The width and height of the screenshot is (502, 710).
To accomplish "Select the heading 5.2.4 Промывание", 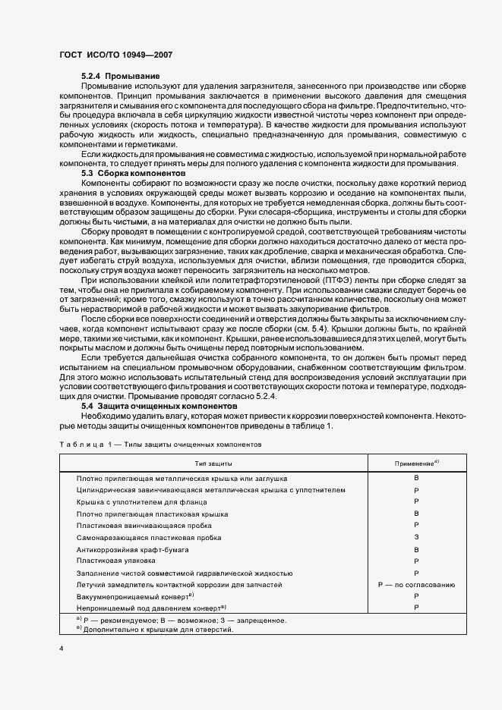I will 120,77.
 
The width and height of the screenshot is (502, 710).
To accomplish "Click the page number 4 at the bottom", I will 60,649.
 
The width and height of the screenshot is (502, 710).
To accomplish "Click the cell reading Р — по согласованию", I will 416,585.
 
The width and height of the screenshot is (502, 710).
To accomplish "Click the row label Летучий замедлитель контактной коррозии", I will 179,585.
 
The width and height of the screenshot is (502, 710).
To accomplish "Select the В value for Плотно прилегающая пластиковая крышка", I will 416,514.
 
